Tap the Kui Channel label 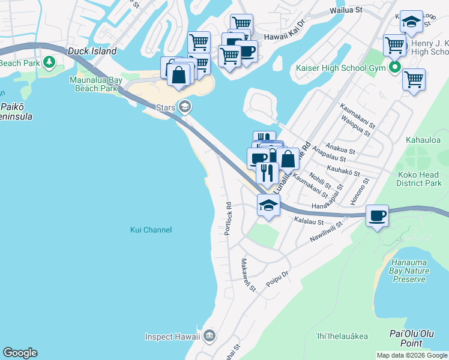[151, 230]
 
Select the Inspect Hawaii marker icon [209, 335]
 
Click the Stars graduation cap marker [185, 107]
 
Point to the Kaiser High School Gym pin [394, 67]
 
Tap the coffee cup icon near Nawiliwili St [378, 215]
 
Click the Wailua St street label [346, 10]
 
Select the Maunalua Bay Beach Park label [93, 85]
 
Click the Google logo [20, 353]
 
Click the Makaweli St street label [248, 275]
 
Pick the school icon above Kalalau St [268, 205]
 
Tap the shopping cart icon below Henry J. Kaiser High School [414, 79]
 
